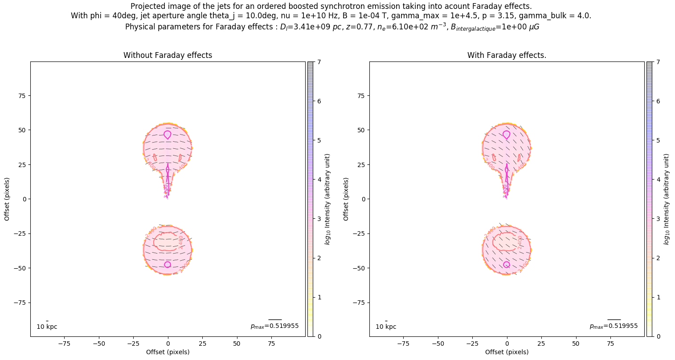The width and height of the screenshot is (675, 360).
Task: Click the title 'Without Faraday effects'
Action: (x=168, y=55)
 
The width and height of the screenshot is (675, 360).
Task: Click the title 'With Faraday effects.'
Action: (x=507, y=55)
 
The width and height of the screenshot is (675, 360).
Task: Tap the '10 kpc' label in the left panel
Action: (x=47, y=327)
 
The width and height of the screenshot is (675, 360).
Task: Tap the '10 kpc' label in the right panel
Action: (x=386, y=327)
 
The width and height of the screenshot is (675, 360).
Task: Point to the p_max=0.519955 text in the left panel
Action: (x=274, y=326)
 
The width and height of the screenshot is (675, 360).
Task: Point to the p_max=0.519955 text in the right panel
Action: (x=614, y=326)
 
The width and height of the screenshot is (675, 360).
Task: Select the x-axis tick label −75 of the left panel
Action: (x=65, y=344)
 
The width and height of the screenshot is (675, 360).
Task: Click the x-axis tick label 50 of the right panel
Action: (x=576, y=344)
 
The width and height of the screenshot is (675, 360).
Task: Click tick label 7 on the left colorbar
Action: (x=319, y=62)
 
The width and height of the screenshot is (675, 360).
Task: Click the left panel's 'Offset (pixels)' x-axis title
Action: (x=168, y=352)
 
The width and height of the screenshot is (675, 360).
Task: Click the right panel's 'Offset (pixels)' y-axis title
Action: (x=346, y=199)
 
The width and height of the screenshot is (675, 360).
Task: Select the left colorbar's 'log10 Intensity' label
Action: (x=327, y=199)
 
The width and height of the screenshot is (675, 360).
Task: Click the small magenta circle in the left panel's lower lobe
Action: (x=168, y=265)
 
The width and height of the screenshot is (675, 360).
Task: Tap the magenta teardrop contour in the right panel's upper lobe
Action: (x=507, y=135)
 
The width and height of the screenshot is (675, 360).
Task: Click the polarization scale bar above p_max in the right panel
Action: (x=614, y=319)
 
